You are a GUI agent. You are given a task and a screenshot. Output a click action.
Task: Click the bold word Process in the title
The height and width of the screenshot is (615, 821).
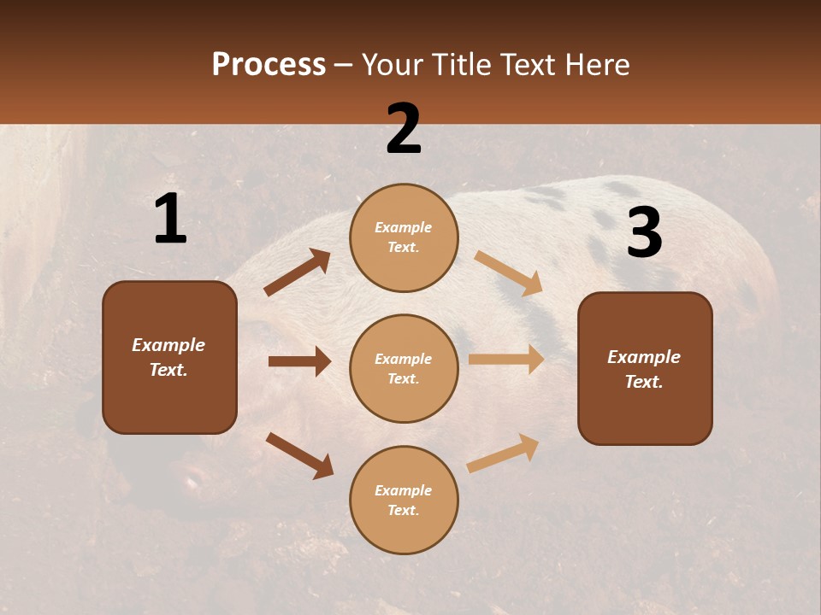tap(269, 65)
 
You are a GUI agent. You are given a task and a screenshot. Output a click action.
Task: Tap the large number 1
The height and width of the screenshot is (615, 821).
tap(170, 220)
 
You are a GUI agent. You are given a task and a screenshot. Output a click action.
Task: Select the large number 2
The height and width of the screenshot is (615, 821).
tap(404, 129)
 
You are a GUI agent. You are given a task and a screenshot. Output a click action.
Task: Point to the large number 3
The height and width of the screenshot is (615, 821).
tap(644, 232)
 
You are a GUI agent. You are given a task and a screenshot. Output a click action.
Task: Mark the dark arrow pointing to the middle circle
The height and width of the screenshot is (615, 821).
tap(299, 361)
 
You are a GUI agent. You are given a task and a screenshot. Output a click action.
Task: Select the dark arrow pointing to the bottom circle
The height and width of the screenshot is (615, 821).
tap(299, 455)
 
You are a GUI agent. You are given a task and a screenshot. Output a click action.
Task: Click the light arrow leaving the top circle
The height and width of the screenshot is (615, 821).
tap(509, 273)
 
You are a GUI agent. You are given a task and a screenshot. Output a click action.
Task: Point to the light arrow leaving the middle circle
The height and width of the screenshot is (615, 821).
tap(506, 359)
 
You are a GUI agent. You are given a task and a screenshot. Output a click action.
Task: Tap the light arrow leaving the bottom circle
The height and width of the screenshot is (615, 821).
tap(503, 454)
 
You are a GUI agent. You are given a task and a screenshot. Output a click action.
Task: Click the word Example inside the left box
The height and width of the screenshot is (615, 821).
tap(168, 345)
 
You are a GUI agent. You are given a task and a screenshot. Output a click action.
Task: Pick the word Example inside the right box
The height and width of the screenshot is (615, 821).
tap(644, 357)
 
